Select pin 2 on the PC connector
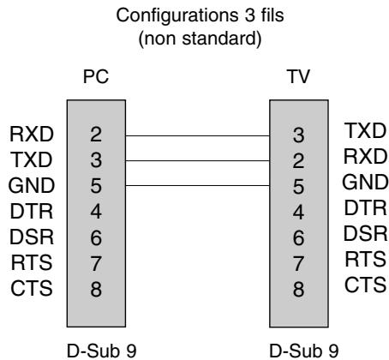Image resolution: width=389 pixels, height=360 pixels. (x=96, y=135)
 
